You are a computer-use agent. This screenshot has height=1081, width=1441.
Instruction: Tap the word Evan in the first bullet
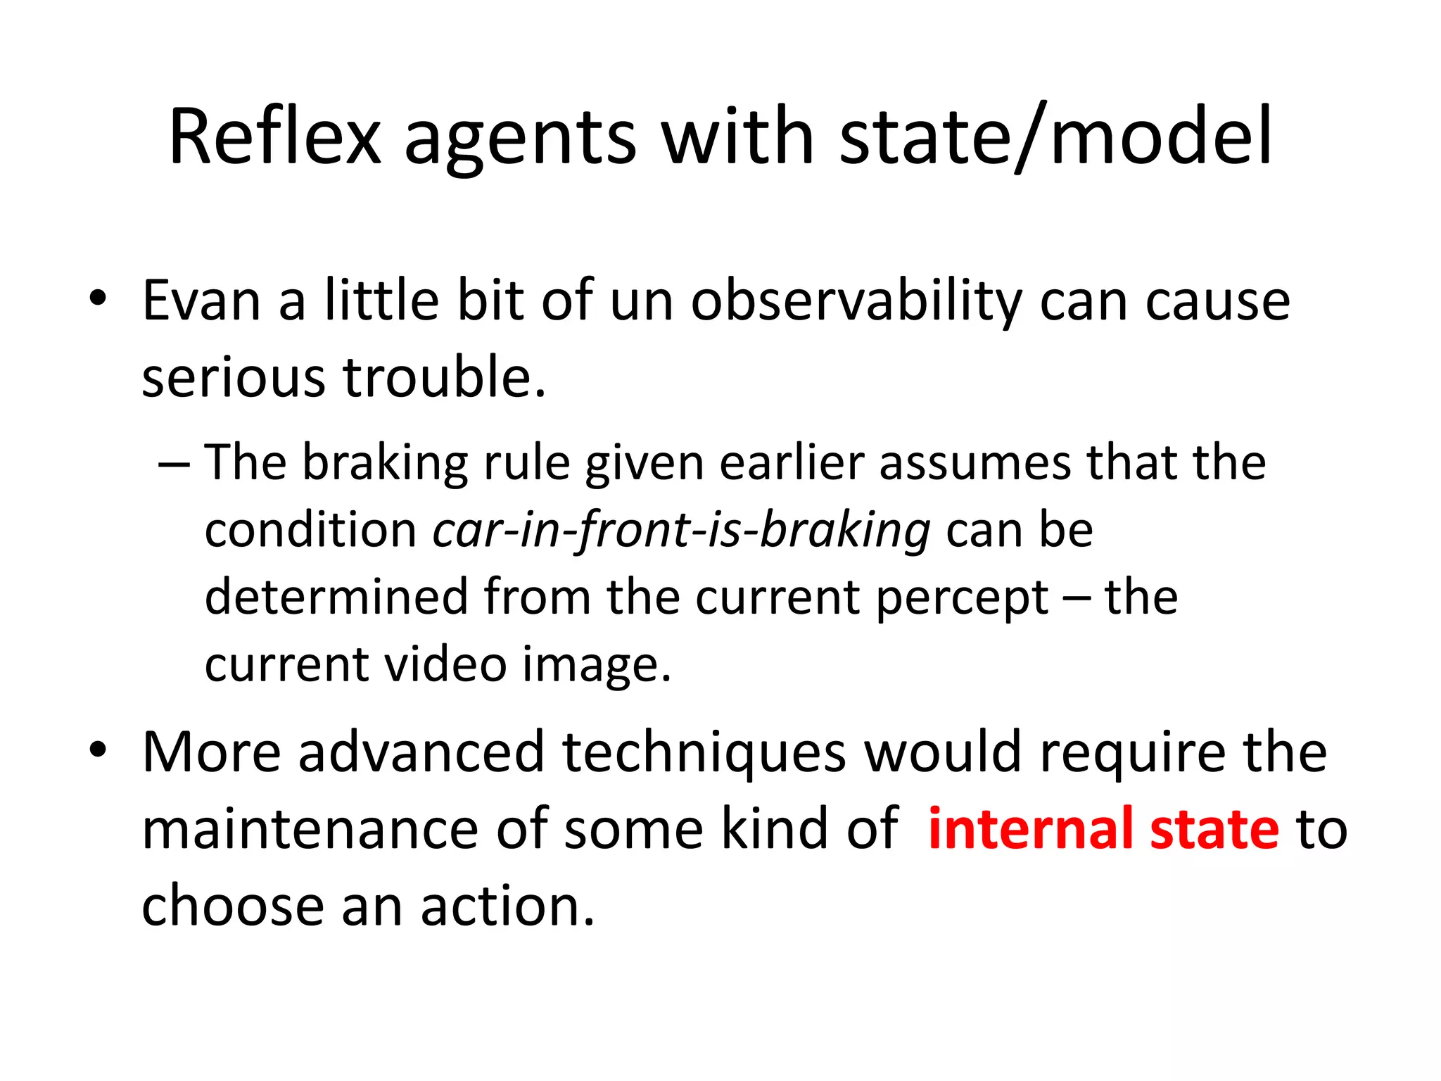[202, 301]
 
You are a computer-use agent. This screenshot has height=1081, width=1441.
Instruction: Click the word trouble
[444, 377]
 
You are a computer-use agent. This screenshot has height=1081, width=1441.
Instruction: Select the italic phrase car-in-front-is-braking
[682, 530]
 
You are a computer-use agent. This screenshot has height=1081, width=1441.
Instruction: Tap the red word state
[1214, 829]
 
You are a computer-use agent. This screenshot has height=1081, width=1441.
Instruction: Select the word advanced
[421, 752]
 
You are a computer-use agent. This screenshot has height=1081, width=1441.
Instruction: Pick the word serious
[233, 377]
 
